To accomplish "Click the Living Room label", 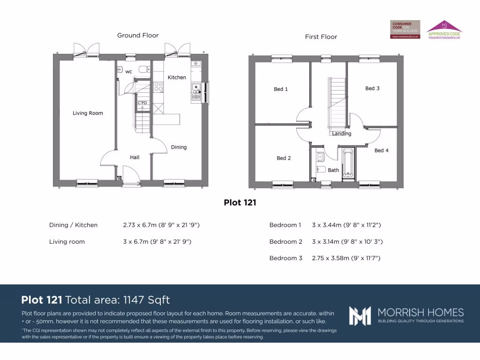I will (88, 113).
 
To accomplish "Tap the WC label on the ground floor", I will (128, 72).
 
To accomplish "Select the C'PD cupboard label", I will (142, 103).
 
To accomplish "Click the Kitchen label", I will (177, 77).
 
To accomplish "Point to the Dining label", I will (179, 147).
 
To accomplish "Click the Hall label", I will (135, 157).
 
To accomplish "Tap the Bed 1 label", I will (281, 89).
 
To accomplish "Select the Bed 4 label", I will (381, 150).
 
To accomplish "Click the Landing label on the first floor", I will (341, 134).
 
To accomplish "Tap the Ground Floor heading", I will (138, 35).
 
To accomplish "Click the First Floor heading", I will (321, 37).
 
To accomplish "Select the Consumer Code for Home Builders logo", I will (405, 29).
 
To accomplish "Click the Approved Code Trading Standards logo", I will (444, 29).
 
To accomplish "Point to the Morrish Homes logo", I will (406, 315).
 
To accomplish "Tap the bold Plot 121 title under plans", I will (240, 202).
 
